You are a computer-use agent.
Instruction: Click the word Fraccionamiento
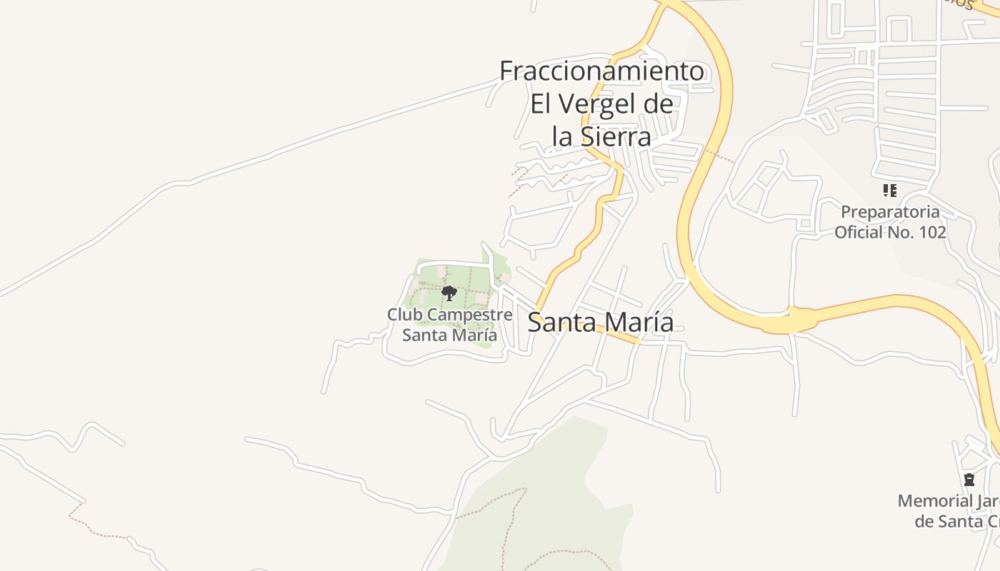[601, 71]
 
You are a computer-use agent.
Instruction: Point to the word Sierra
[615, 136]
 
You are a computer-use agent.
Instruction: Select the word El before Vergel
[541, 104]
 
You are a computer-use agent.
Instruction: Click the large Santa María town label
[600, 322]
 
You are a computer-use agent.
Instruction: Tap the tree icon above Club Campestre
[449, 293]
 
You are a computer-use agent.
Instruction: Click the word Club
[403, 315]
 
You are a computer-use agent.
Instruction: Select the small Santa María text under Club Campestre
[449, 335]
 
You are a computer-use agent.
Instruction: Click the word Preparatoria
[890, 212]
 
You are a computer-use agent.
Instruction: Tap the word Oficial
[859, 232]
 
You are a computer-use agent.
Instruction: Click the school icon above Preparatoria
[889, 191]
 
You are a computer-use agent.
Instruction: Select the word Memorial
[935, 501]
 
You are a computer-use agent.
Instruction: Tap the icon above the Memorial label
[969, 480]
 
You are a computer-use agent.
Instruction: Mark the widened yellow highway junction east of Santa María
[789, 321]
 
